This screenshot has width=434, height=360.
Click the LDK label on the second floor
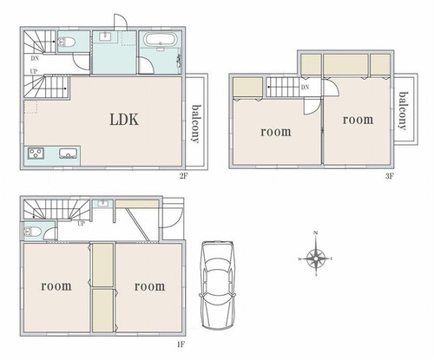pyautogui.click(x=124, y=120)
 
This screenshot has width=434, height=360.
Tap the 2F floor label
pyautogui.click(x=184, y=176)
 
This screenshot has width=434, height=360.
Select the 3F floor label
pyautogui.click(x=390, y=176)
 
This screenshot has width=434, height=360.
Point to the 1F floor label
pyautogui.click(x=181, y=344)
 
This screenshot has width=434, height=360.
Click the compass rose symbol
pyautogui.click(x=316, y=258)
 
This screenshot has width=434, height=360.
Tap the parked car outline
pyautogui.click(x=218, y=285)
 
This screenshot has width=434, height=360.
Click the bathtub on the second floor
pyautogui.click(x=160, y=40)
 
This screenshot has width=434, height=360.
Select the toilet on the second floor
pyautogui.click(x=67, y=43)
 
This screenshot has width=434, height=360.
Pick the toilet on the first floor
pyautogui.click(x=32, y=232)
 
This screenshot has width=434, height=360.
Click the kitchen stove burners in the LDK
pyautogui.click(x=36, y=153)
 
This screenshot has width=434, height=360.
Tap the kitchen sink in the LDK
pyautogui.click(x=69, y=153)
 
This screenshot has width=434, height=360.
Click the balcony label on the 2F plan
pyautogui.click(x=196, y=124)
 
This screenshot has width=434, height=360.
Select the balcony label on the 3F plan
pyautogui.click(x=404, y=111)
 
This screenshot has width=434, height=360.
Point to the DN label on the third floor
pyautogui.click(x=305, y=87)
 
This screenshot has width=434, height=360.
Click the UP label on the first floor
pyautogui.click(x=82, y=224)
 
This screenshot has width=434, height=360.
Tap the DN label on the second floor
pyautogui.click(x=35, y=58)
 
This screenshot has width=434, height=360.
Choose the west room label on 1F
pyautogui.click(x=56, y=286)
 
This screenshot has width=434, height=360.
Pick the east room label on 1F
pyautogui.click(x=149, y=286)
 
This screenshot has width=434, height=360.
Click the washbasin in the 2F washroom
pyautogui.click(x=104, y=36)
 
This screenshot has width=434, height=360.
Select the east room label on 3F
pyautogui.click(x=358, y=120)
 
